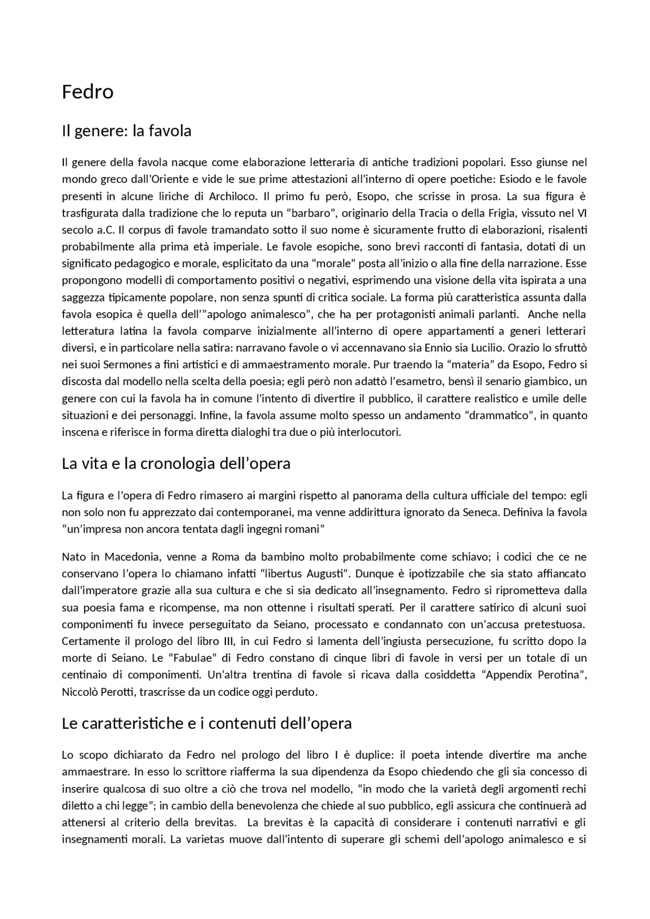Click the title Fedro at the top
click(x=87, y=92)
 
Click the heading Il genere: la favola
click(x=126, y=131)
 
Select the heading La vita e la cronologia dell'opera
click(x=176, y=463)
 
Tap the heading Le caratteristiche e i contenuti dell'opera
click(x=207, y=723)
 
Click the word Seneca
click(x=481, y=512)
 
